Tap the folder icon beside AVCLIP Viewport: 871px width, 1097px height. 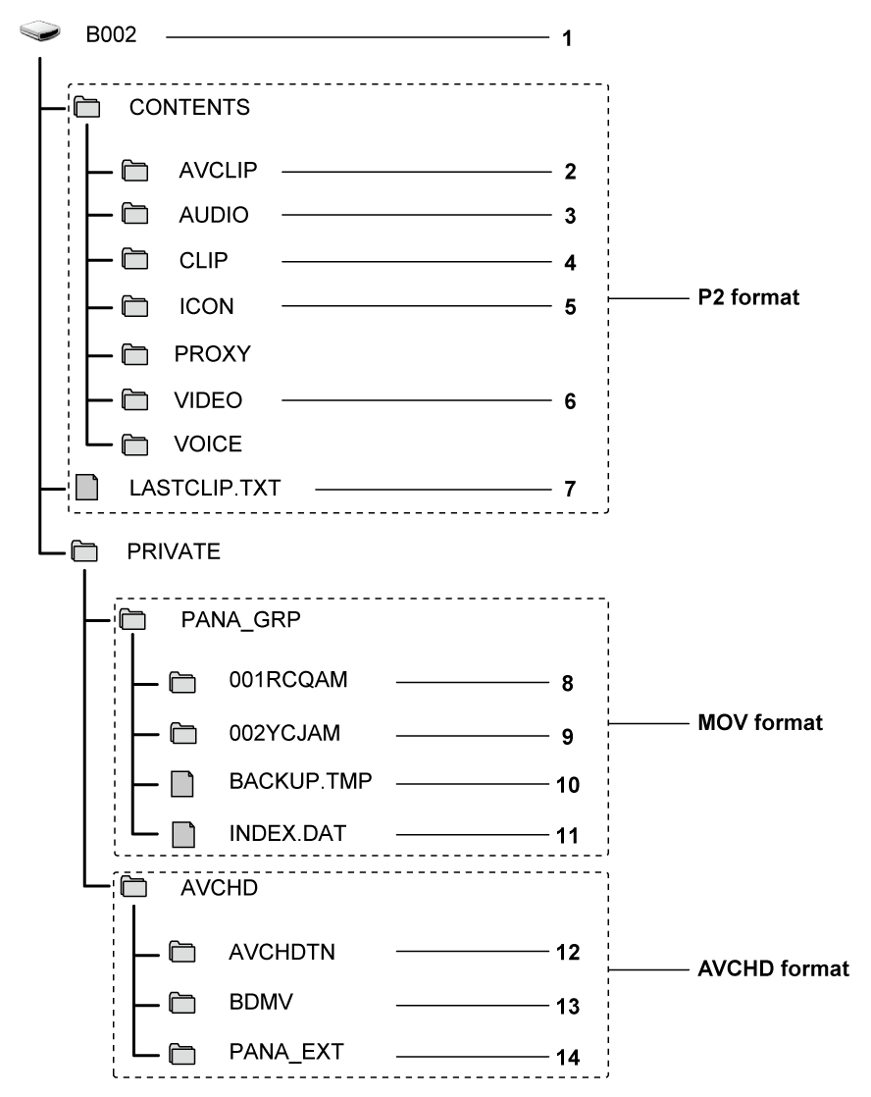pos(134,173)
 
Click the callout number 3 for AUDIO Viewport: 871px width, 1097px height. pos(569,216)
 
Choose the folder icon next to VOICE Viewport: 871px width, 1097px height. pos(134,444)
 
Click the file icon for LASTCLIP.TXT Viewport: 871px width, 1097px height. pos(88,488)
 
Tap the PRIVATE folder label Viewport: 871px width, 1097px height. pos(174,551)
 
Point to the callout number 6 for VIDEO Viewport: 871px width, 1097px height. pos(569,402)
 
